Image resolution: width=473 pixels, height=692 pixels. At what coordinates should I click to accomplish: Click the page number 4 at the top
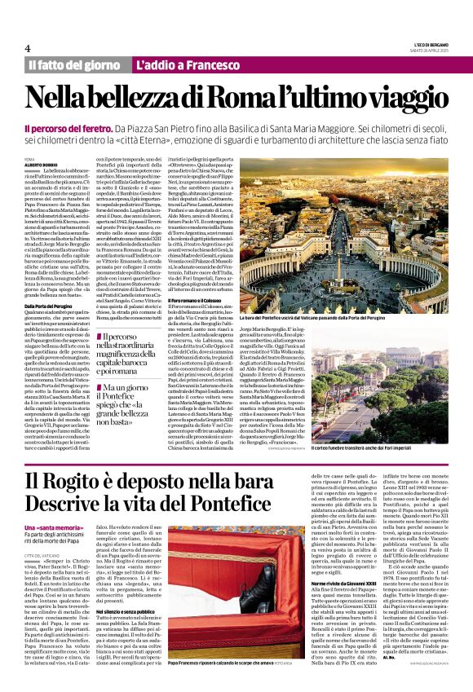point(27,48)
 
